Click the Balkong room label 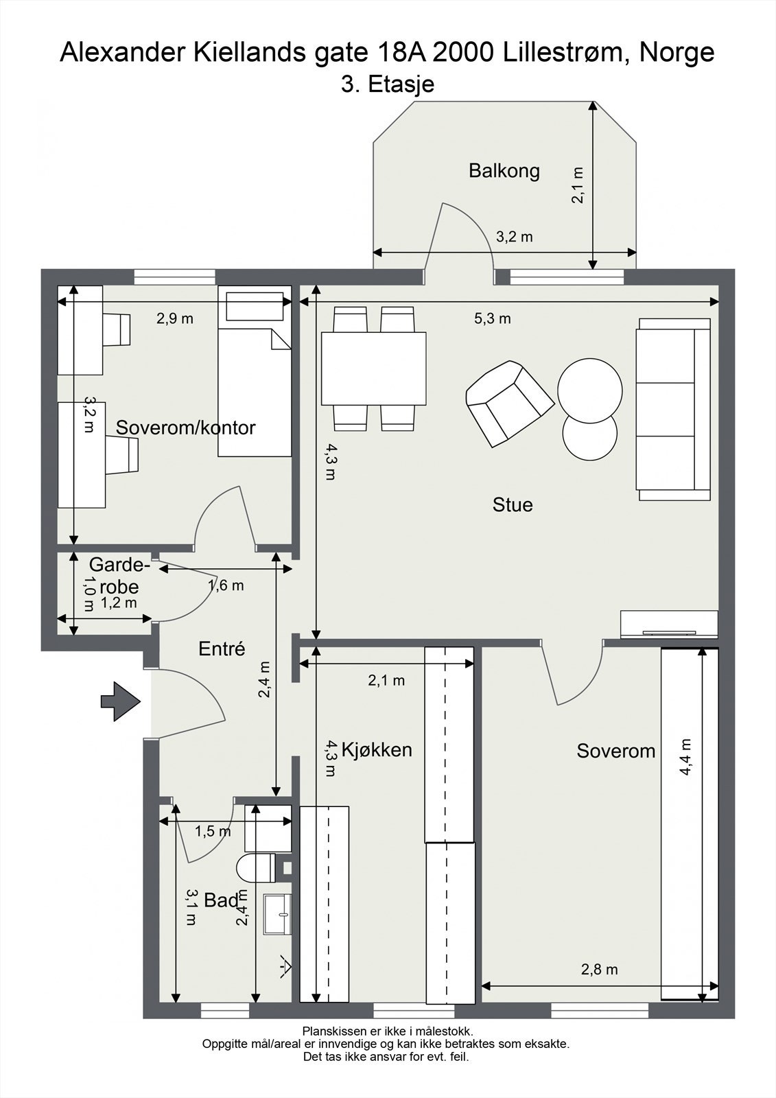tap(504, 171)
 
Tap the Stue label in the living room tap(513, 505)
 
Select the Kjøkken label tap(377, 749)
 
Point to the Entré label tap(222, 649)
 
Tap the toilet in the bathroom tap(256, 867)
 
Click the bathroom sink tap(277, 913)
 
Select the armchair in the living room tap(510, 404)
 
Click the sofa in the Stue tap(674, 409)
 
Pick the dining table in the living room tap(373, 369)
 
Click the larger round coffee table tap(590, 391)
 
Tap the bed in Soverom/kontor tap(255, 371)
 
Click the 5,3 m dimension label tap(492, 318)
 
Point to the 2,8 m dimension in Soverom tap(599, 969)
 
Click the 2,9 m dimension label tap(174, 318)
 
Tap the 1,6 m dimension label tap(226, 585)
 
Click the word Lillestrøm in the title tap(564, 52)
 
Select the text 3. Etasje tap(388, 84)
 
